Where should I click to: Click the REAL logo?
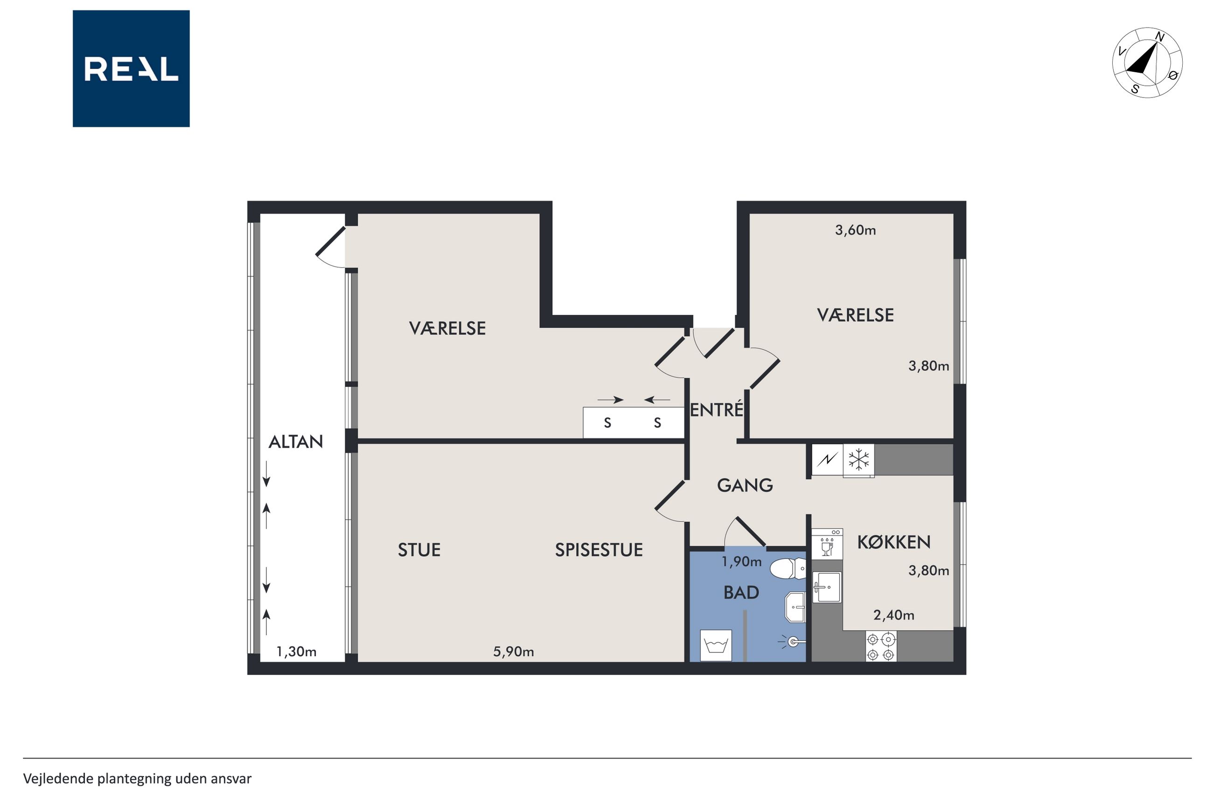click(x=131, y=69)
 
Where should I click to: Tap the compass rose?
click(x=1147, y=62)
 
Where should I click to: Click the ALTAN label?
click(x=296, y=442)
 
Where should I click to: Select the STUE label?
click(x=419, y=550)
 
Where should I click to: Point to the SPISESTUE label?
click(x=599, y=550)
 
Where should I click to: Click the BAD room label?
click(x=741, y=593)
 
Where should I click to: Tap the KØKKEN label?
click(x=894, y=542)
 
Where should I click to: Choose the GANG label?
click(x=745, y=485)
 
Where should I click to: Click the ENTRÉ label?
click(x=717, y=410)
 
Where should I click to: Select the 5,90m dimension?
click(x=514, y=652)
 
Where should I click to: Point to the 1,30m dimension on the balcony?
click(x=296, y=652)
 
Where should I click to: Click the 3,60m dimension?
click(x=856, y=230)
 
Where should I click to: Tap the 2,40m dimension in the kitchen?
click(x=894, y=615)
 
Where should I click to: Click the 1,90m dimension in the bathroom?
click(x=742, y=562)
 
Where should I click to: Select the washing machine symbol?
click(x=716, y=646)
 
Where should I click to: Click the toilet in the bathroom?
click(x=788, y=569)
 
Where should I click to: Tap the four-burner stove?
click(x=881, y=647)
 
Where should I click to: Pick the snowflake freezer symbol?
click(x=859, y=460)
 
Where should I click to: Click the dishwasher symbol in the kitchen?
click(x=827, y=544)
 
